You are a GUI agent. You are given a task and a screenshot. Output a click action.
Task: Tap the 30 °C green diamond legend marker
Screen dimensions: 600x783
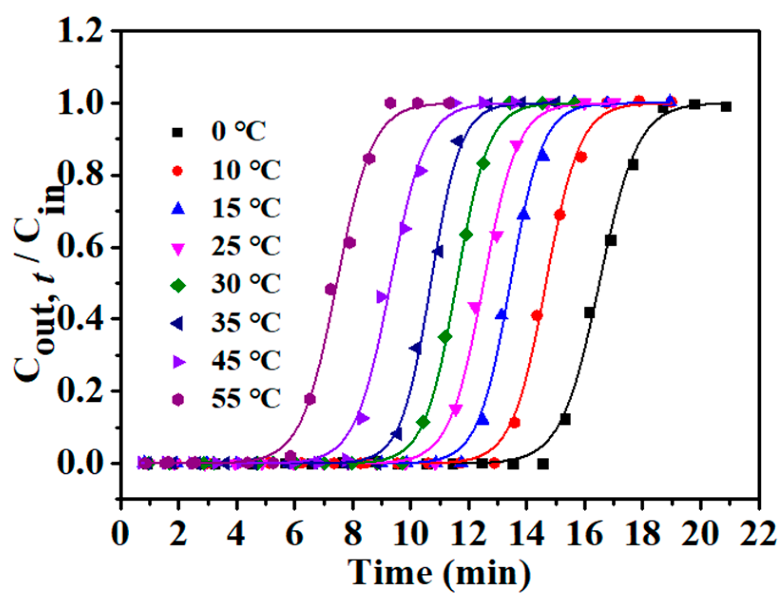click(179, 286)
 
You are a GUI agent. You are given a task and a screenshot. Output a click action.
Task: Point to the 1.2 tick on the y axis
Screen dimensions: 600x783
click(80, 31)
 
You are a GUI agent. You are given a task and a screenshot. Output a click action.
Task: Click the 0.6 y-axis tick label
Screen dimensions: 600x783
click(80, 248)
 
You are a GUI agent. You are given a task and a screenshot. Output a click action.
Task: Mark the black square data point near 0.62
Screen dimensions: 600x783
click(611, 240)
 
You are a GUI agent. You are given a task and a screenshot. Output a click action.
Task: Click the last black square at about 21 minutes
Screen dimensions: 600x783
click(726, 107)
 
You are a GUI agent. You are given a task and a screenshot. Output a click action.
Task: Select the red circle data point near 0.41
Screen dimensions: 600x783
click(537, 315)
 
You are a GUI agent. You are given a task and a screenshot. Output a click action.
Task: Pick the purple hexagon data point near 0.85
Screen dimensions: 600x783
click(369, 159)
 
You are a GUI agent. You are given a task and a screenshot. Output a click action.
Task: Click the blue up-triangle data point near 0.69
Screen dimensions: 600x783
click(524, 214)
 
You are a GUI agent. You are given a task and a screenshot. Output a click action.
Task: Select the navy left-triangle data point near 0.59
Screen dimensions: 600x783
click(438, 251)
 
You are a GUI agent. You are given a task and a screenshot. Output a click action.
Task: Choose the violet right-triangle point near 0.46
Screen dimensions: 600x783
click(382, 297)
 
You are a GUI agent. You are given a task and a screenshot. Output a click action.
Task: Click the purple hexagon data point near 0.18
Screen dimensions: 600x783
click(310, 399)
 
